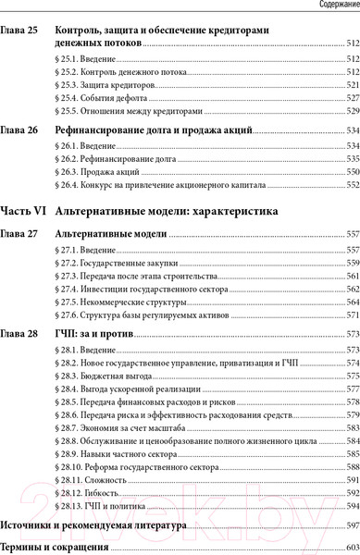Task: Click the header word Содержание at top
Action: [x=331, y=6]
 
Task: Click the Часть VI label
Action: [x=23, y=211]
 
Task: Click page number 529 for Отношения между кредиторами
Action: [x=351, y=108]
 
